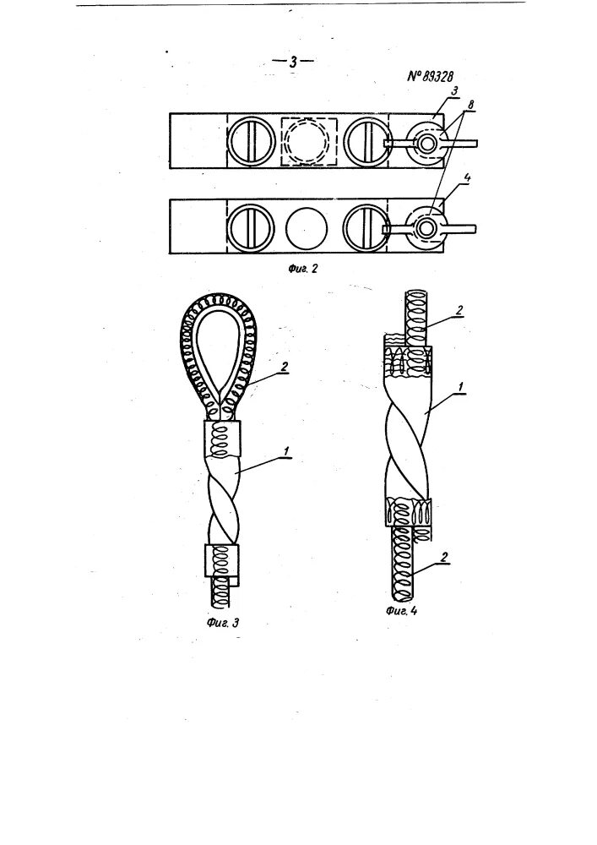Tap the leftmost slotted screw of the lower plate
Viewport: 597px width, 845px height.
(251, 226)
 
